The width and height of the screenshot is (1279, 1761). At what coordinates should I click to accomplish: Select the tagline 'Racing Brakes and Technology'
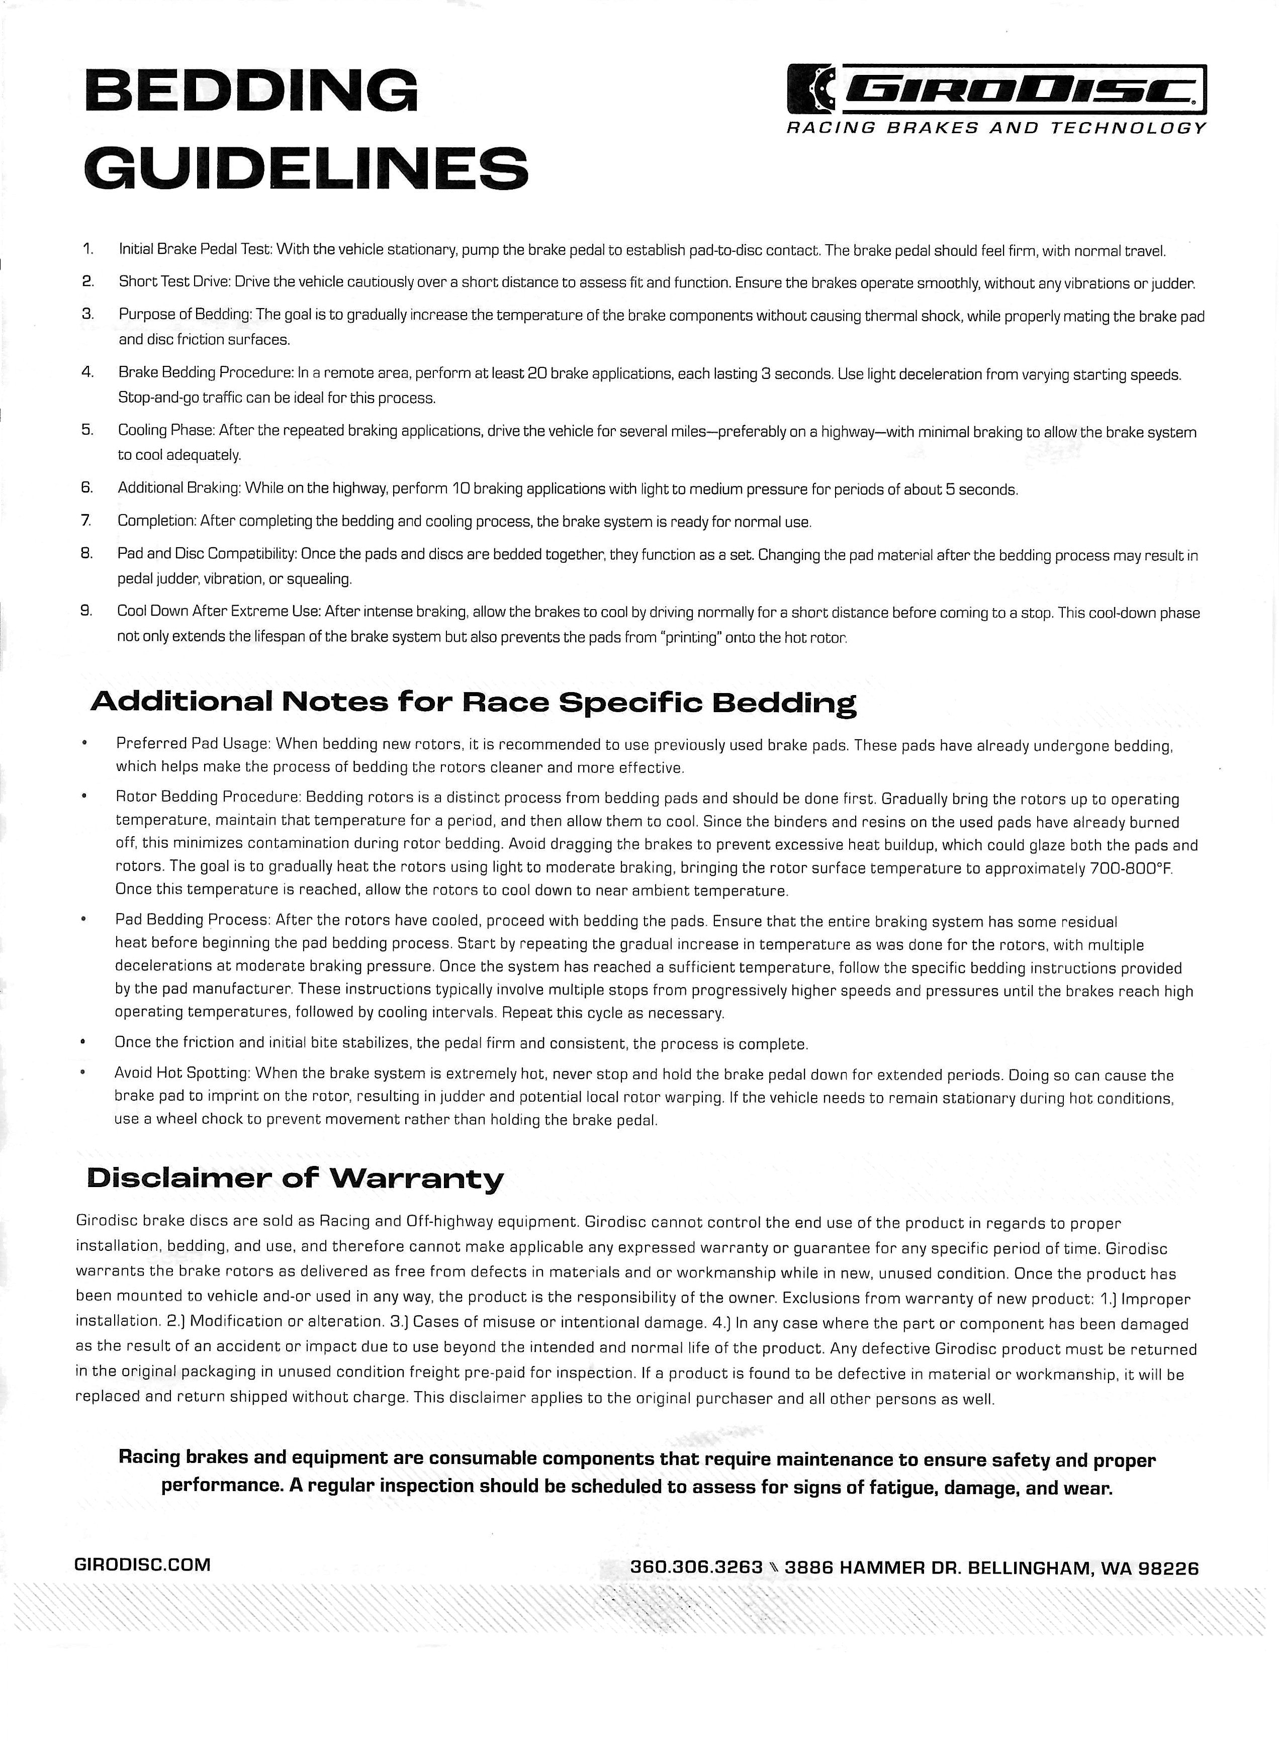pos(996,128)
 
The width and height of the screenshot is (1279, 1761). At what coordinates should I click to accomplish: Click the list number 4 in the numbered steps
pos(88,372)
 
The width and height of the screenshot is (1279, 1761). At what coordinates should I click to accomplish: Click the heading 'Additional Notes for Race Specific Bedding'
pos(473,702)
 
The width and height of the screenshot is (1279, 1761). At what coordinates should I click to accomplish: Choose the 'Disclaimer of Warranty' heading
pos(295,1179)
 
